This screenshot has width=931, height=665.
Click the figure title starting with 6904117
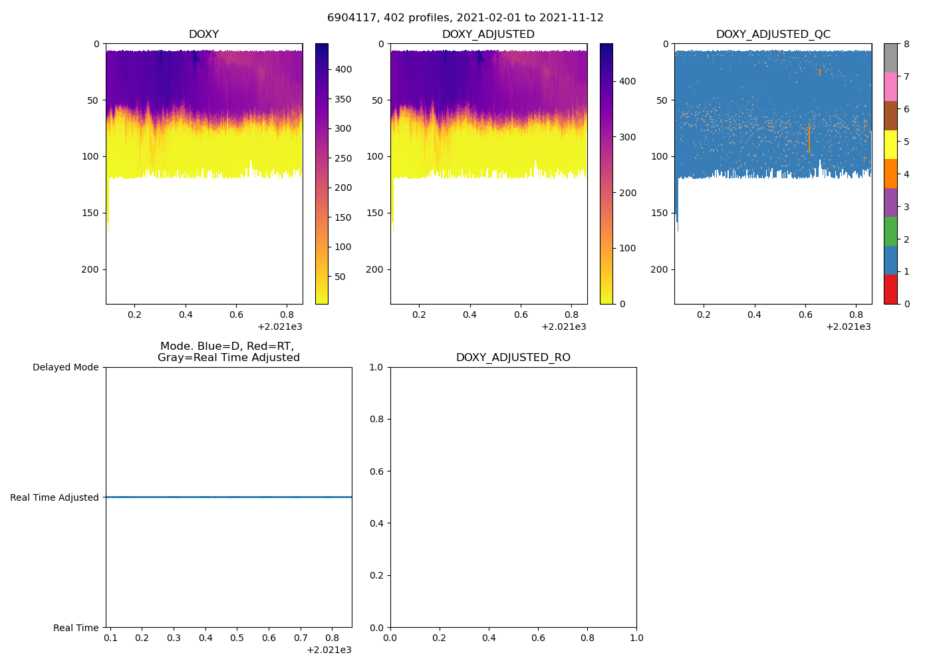click(465, 18)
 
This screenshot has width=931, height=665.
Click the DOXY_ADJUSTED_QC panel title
click(773, 35)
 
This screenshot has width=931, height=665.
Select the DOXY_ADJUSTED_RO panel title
click(513, 358)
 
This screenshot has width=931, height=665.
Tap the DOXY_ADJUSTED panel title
click(488, 35)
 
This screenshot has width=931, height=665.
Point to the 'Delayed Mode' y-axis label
click(65, 368)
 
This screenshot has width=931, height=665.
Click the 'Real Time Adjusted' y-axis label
click(54, 497)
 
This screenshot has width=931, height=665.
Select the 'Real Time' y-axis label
click(76, 628)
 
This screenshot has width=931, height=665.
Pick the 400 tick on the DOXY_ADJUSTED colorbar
click(627, 81)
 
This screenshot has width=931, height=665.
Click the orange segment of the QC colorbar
click(890, 174)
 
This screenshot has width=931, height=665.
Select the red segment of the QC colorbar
click(890, 289)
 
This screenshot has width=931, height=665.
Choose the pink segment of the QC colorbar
click(890, 86)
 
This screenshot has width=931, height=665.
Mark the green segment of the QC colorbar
click(890, 231)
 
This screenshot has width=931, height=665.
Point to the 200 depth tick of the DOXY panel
click(91, 269)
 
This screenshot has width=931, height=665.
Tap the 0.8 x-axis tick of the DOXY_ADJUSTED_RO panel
click(587, 638)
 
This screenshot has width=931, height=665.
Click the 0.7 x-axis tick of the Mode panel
click(301, 638)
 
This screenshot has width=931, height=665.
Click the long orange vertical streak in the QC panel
click(809, 138)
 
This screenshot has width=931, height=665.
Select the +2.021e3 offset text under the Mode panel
click(329, 650)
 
